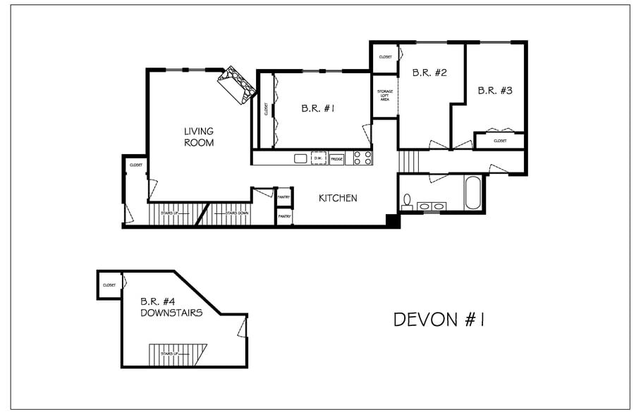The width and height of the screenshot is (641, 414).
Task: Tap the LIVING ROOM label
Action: tap(198, 137)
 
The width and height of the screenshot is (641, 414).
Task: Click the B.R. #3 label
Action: tap(494, 90)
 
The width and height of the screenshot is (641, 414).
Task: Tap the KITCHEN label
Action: tap(338, 199)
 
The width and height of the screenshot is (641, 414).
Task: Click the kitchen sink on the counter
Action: tap(300, 158)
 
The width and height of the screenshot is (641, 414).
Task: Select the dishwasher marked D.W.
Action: tap(319, 158)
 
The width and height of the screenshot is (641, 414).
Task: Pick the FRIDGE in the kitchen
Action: tap(337, 159)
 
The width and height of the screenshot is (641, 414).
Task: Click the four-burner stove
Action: tap(362, 158)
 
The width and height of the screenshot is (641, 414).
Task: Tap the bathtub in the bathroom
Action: tap(473, 192)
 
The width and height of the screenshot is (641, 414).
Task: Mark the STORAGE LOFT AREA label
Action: tap(384, 96)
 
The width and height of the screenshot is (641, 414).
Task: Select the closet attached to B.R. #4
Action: tap(109, 285)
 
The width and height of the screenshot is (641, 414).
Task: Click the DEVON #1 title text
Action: tap(438, 320)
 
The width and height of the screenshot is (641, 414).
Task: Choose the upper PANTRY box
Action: tap(284, 197)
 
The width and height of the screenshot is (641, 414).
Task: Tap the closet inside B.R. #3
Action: tap(499, 141)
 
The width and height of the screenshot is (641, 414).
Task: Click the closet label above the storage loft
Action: tap(385, 57)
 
